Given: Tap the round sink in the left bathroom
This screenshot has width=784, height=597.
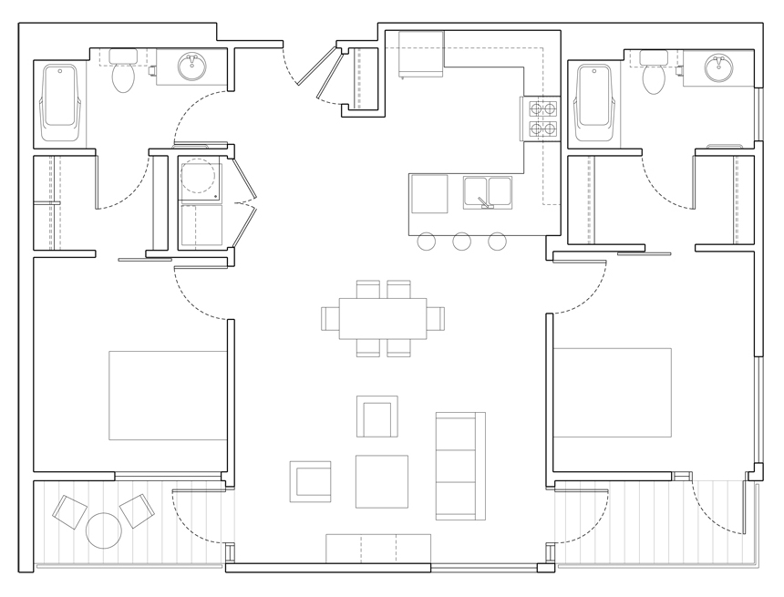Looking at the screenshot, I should tap(191, 67).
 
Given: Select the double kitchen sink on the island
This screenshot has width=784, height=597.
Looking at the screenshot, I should tap(487, 191).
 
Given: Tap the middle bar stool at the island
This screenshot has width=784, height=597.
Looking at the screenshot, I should tap(461, 242).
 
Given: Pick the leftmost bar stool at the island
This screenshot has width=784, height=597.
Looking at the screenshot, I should tap(426, 242).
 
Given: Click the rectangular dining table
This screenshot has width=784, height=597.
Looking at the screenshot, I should tap(382, 318).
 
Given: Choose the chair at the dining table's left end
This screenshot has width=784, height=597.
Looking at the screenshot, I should tap(330, 318).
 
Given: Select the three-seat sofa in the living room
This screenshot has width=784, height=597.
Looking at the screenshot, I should tap(459, 466).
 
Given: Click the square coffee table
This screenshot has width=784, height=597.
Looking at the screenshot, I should tap(381, 481).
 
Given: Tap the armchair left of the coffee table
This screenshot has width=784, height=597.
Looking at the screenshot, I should tap(311, 481).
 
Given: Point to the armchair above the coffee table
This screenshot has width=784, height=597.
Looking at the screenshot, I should tap(377, 417).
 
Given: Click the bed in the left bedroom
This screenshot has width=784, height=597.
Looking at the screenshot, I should tap(168, 395).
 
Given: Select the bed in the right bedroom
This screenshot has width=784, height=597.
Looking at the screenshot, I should tap(612, 392).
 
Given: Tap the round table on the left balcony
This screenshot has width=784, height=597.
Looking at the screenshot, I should tap(103, 530).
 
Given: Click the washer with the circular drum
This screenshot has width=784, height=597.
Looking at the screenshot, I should tap(201, 180).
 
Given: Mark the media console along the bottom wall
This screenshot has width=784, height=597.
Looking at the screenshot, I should tap(377, 549).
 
